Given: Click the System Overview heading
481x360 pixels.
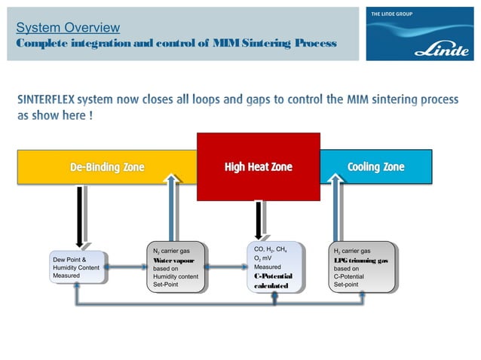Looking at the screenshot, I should (x=69, y=28).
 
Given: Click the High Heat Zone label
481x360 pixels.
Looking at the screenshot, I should (x=258, y=166).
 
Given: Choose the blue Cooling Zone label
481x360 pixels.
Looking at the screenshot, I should (x=375, y=166).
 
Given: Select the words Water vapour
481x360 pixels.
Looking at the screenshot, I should (x=173, y=259).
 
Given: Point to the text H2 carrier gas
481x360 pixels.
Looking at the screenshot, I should (x=352, y=250).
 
